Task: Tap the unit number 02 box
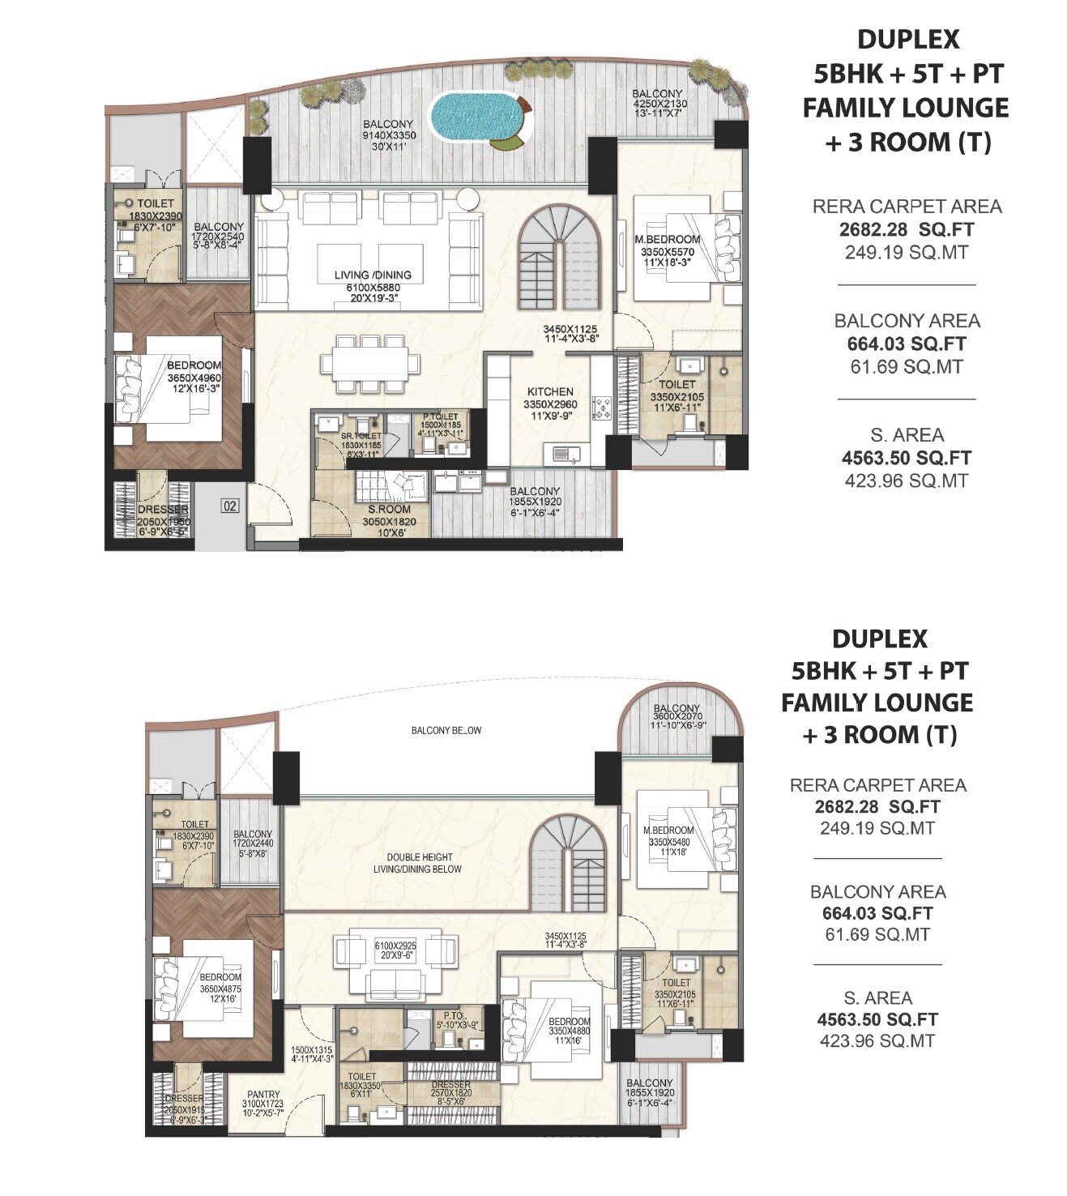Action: point(231,506)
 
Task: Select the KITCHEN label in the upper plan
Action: point(550,391)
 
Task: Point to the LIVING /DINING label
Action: point(373,276)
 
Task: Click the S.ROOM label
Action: point(389,510)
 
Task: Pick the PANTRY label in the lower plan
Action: point(263,1094)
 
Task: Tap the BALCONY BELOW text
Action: point(446,730)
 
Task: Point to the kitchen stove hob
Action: point(602,407)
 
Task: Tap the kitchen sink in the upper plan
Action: point(565,455)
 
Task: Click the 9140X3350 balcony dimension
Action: point(389,136)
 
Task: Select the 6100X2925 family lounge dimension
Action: point(395,946)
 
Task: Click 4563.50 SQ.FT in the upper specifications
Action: point(906,458)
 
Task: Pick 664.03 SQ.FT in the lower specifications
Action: point(877,913)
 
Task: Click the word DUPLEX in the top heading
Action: point(907,39)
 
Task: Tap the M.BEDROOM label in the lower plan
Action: point(668,831)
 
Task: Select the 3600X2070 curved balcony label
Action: point(677,719)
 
